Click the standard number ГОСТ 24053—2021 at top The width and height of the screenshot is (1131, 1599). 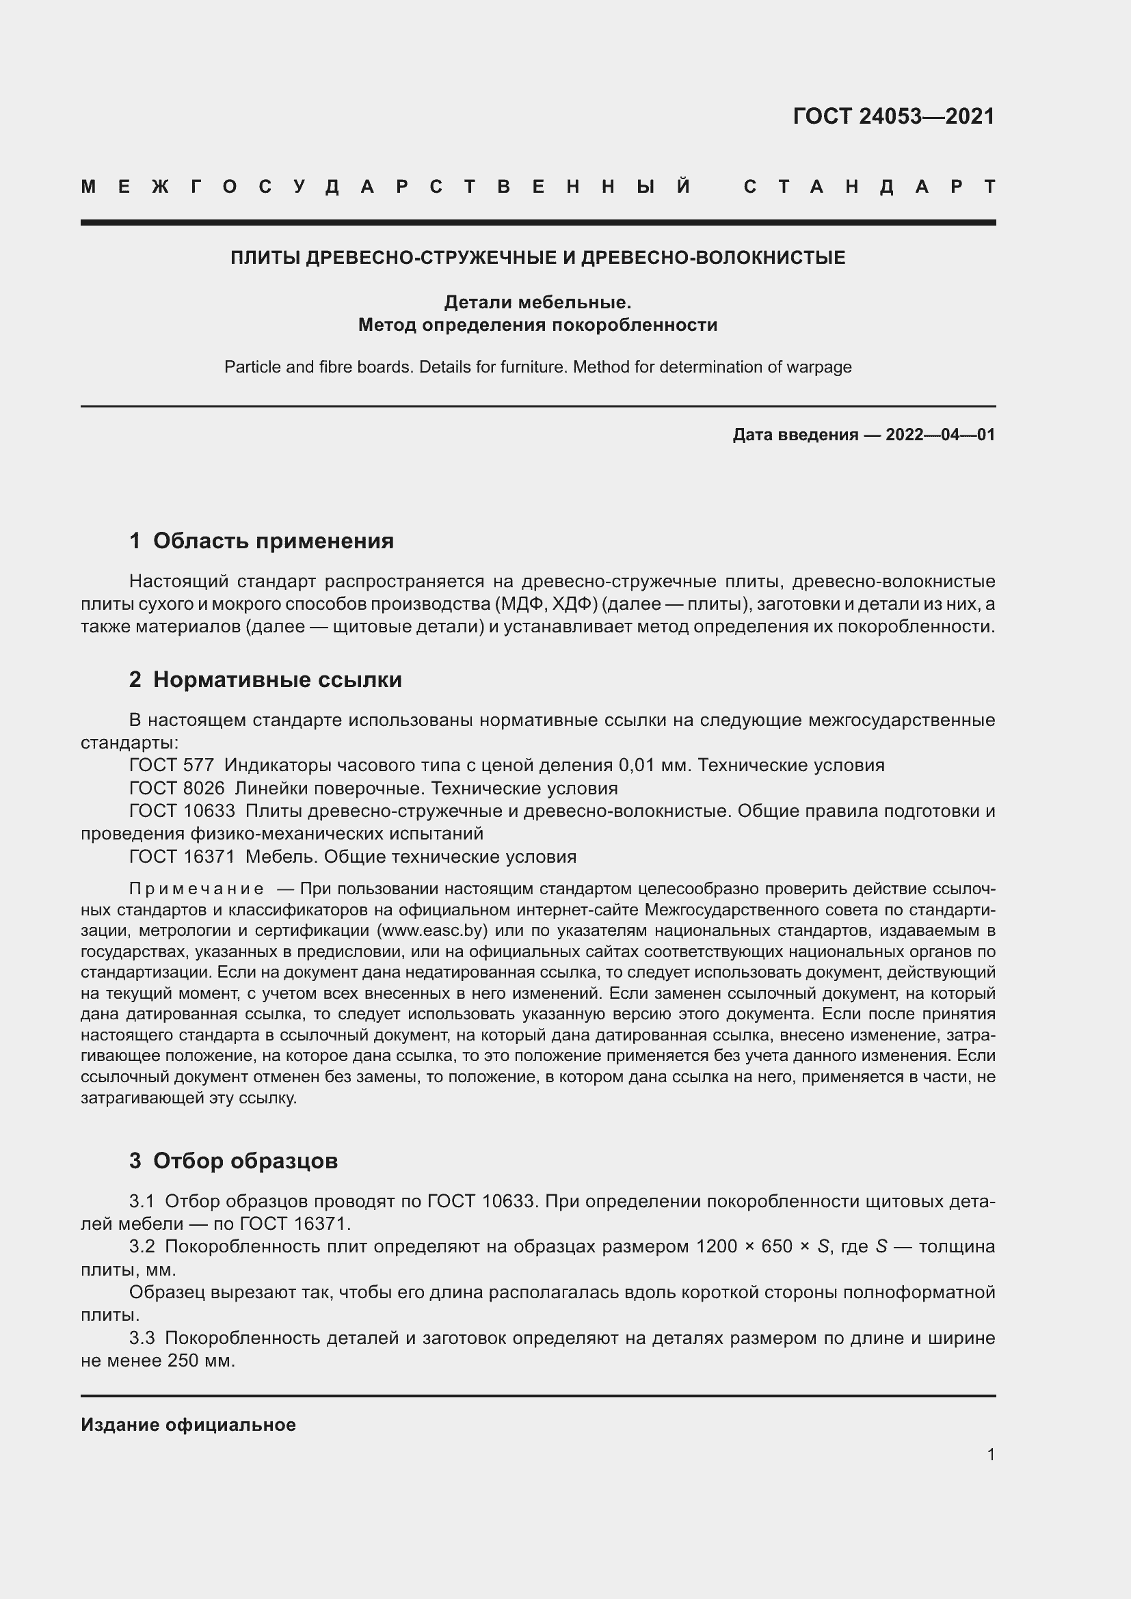coord(894,116)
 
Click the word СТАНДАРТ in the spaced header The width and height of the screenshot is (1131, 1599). coord(870,187)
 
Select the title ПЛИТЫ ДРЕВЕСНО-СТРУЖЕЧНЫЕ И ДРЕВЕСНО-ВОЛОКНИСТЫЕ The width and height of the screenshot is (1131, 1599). coord(537,258)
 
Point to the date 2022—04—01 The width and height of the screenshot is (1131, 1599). coord(940,435)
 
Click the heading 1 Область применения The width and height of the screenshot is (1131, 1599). coord(262,541)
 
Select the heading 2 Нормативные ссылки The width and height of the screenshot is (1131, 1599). coord(265,679)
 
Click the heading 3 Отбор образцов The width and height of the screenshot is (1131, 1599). coord(233,1160)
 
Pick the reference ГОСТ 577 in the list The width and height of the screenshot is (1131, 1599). coord(172,766)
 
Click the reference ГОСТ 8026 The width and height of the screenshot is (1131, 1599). coord(177,788)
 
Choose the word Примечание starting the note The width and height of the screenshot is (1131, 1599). coord(196,889)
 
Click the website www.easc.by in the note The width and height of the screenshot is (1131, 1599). coord(431,930)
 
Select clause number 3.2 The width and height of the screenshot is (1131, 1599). coord(142,1246)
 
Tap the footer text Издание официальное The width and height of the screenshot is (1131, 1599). coord(188,1425)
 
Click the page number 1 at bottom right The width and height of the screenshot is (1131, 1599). coord(990,1454)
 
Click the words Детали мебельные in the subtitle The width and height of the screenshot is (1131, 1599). coord(537,302)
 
